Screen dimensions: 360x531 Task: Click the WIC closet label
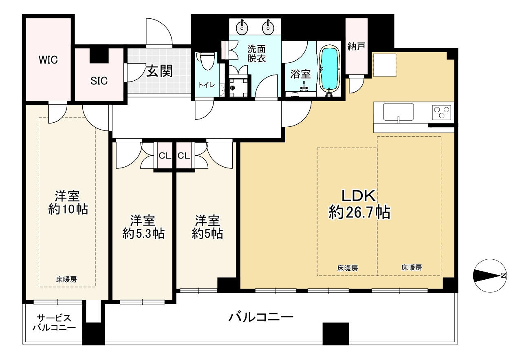tap(48, 60)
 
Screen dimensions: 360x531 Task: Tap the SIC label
tap(99, 81)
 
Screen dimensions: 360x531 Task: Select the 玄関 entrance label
tap(159, 71)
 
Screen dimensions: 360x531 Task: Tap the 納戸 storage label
tap(356, 47)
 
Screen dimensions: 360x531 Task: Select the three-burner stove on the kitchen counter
tap(442, 112)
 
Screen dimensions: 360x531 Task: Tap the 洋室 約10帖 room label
tap(68, 203)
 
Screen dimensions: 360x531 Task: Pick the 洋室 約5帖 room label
tap(207, 227)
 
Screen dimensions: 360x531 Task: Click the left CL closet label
tap(164, 155)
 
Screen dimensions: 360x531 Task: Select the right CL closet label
tap(183, 155)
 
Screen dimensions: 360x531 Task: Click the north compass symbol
tap(490, 276)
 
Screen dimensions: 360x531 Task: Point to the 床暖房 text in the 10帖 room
tap(66, 279)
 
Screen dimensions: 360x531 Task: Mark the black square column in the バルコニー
tap(336, 334)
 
